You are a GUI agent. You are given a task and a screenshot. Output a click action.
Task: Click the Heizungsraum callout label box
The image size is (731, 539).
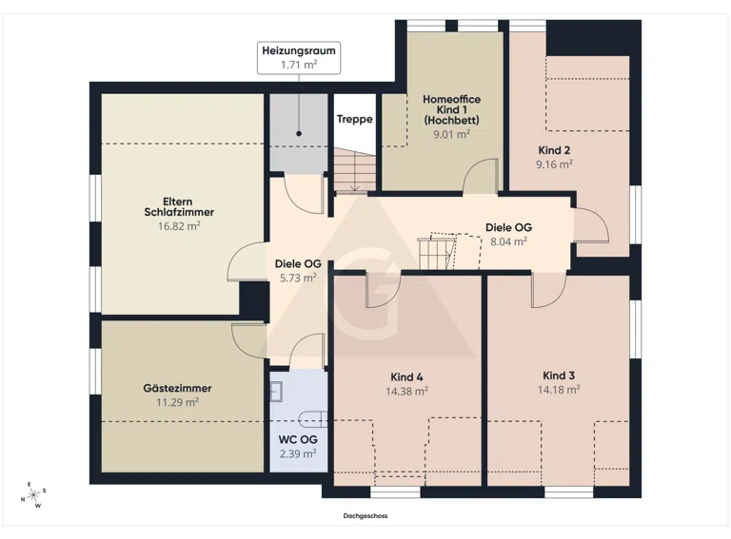pyautogui.click(x=299, y=58)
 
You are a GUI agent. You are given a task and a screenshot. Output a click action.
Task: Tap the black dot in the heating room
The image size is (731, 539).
pyautogui.click(x=299, y=134)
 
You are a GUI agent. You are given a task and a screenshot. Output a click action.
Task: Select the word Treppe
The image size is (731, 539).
pyautogui.click(x=355, y=119)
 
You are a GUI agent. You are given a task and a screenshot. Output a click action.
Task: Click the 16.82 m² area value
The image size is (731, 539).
pyautogui.click(x=179, y=226)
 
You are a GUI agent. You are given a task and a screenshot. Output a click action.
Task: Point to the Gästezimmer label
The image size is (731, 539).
pyautogui.click(x=177, y=388)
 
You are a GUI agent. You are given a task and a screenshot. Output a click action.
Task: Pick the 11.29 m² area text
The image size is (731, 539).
pyautogui.click(x=177, y=402)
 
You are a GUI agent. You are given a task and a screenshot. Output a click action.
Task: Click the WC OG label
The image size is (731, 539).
pyautogui.click(x=298, y=439)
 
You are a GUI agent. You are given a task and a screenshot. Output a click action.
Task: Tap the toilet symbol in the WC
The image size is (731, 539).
pyautogui.click(x=314, y=419)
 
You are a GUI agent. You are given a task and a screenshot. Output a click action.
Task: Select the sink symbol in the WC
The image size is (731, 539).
pyautogui.click(x=276, y=392)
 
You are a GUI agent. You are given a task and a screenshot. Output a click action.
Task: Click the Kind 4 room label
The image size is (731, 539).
pyautogui.click(x=406, y=377)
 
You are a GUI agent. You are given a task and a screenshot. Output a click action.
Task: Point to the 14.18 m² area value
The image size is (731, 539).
pyautogui.click(x=559, y=390)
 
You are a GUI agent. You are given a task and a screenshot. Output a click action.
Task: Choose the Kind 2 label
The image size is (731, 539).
pyautogui.click(x=554, y=150)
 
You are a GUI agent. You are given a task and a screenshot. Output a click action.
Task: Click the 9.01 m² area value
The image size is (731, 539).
pyautogui.click(x=451, y=135)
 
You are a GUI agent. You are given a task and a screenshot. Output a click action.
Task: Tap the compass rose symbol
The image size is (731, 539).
pyautogui.click(x=34, y=495)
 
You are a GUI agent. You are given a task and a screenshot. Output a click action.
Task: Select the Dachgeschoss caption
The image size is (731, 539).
pyautogui.click(x=365, y=516)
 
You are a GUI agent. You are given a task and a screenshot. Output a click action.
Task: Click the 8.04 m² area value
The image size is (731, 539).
pyautogui.click(x=508, y=241)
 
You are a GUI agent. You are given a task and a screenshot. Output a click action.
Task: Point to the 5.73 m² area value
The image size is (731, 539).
pyautogui.click(x=298, y=278)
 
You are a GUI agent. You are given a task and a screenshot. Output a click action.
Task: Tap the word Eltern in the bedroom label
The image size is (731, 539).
pyautogui.click(x=178, y=202)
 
